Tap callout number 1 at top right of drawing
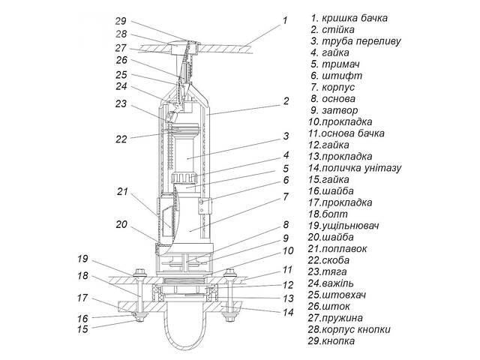(x=284, y=21)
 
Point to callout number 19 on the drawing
(x=83, y=259)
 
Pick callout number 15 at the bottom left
(x=83, y=329)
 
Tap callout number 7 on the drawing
(x=286, y=197)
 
